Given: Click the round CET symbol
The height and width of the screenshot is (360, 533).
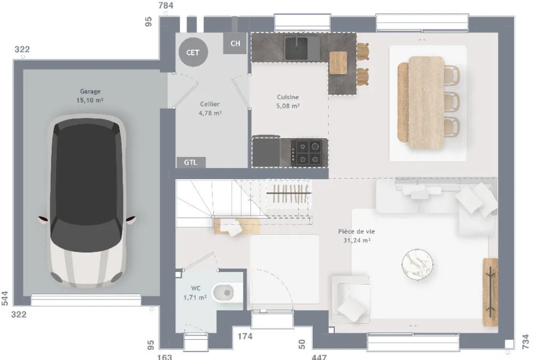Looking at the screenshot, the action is pyautogui.click(x=193, y=52).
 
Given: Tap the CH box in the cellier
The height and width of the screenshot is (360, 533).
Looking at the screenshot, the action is pyautogui.click(x=235, y=43).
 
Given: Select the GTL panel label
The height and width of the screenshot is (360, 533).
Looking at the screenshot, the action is pyautogui.click(x=191, y=162).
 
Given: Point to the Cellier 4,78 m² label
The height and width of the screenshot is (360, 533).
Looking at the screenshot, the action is pyautogui.click(x=210, y=109).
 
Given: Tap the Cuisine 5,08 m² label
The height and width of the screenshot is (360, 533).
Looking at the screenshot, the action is pyautogui.click(x=288, y=101).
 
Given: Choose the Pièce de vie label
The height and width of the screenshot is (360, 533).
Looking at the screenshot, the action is pyautogui.click(x=357, y=231).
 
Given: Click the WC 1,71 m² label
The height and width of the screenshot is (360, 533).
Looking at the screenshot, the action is pyautogui.click(x=195, y=293).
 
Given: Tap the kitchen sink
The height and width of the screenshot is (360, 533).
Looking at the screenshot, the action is pyautogui.click(x=296, y=49).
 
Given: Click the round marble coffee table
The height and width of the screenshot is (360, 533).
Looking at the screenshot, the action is pyautogui.click(x=417, y=265).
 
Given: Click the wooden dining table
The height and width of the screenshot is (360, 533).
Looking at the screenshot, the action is pyautogui.click(x=426, y=103).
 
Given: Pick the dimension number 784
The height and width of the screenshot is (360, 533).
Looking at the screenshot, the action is pyautogui.click(x=166, y=5).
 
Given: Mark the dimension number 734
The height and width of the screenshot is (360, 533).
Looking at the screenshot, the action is pyautogui.click(x=526, y=342).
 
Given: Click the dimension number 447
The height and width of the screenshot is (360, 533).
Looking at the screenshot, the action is pyautogui.click(x=319, y=357).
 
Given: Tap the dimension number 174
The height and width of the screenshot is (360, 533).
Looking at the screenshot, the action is pyautogui.click(x=245, y=336).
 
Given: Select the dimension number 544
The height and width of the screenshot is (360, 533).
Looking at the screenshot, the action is pyautogui.click(x=5, y=299).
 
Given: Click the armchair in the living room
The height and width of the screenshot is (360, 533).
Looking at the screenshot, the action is pyautogui.click(x=351, y=299).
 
